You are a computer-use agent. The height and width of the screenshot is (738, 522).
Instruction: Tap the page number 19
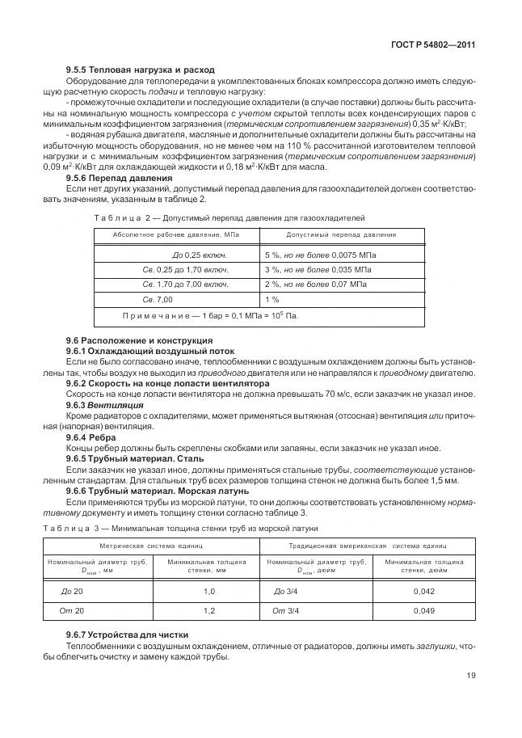click(469, 677)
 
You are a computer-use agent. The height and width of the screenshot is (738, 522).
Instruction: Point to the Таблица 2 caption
click(229, 218)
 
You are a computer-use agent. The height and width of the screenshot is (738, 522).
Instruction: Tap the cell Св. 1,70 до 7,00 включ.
click(184, 285)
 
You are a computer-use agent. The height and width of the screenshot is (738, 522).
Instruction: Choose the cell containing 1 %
click(272, 299)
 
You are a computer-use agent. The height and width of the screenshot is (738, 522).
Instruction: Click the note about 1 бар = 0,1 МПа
click(210, 315)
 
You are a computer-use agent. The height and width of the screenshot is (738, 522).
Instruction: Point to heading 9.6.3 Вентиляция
click(104, 404)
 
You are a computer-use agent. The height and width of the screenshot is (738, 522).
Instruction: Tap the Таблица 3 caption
click(181, 528)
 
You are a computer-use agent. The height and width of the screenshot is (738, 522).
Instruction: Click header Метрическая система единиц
click(151, 546)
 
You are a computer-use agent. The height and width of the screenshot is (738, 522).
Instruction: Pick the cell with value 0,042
click(423, 591)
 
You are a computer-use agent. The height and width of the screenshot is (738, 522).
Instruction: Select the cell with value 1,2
click(209, 610)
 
